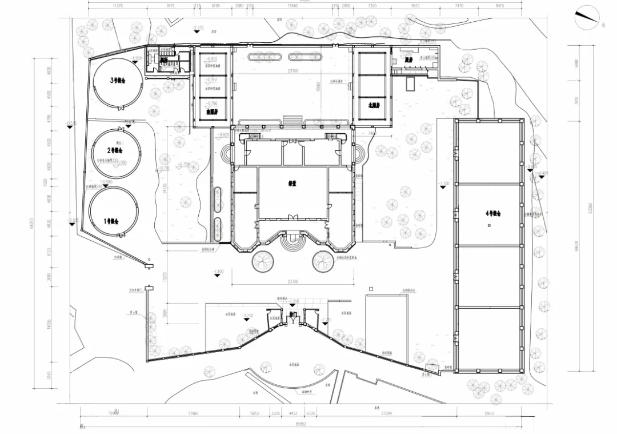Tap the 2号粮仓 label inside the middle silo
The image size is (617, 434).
(x=116, y=150)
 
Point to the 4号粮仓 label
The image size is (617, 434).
(x=492, y=213)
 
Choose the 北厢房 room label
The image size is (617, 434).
(x=366, y=107)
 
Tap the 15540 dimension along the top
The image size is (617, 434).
(x=293, y=5)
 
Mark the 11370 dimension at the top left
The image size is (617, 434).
(x=118, y=5)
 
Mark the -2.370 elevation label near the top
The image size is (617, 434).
(x=199, y=27)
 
